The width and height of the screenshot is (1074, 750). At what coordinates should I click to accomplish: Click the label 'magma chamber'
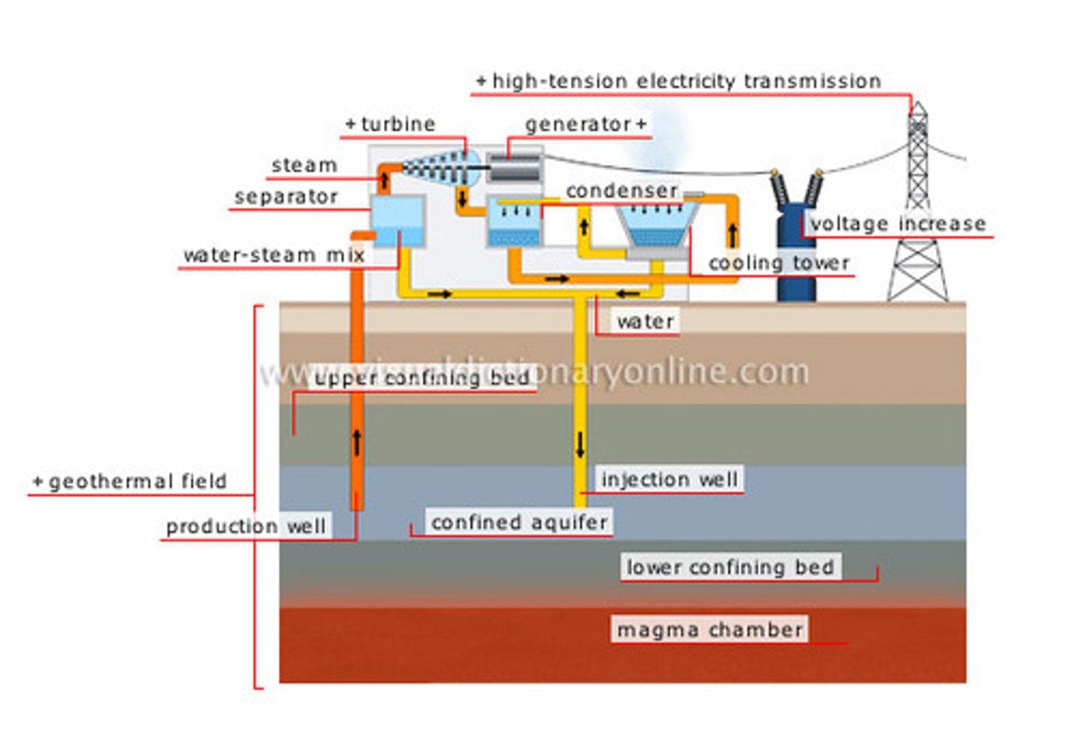[709, 630]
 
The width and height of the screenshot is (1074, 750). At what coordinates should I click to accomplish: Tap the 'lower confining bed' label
[730, 567]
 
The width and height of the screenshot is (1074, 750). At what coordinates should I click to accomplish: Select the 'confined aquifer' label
[519, 522]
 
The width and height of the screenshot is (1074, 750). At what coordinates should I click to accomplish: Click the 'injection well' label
[669, 479]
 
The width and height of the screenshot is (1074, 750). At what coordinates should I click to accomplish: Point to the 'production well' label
[245, 527]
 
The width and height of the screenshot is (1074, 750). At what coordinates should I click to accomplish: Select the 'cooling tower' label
[778, 263]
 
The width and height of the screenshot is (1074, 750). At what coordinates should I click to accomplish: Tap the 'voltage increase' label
[898, 224]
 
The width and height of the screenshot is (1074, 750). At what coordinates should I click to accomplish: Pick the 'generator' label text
[578, 124]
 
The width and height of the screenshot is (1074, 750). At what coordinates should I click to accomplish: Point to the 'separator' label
[286, 197]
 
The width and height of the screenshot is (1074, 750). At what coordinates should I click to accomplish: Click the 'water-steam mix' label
[274, 255]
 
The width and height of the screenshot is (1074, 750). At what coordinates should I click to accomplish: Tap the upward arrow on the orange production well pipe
[357, 442]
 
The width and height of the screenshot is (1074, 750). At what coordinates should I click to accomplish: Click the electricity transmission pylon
[918, 224]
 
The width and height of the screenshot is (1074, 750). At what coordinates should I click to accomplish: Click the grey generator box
[513, 168]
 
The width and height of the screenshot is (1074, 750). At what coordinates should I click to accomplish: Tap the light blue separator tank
[398, 222]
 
